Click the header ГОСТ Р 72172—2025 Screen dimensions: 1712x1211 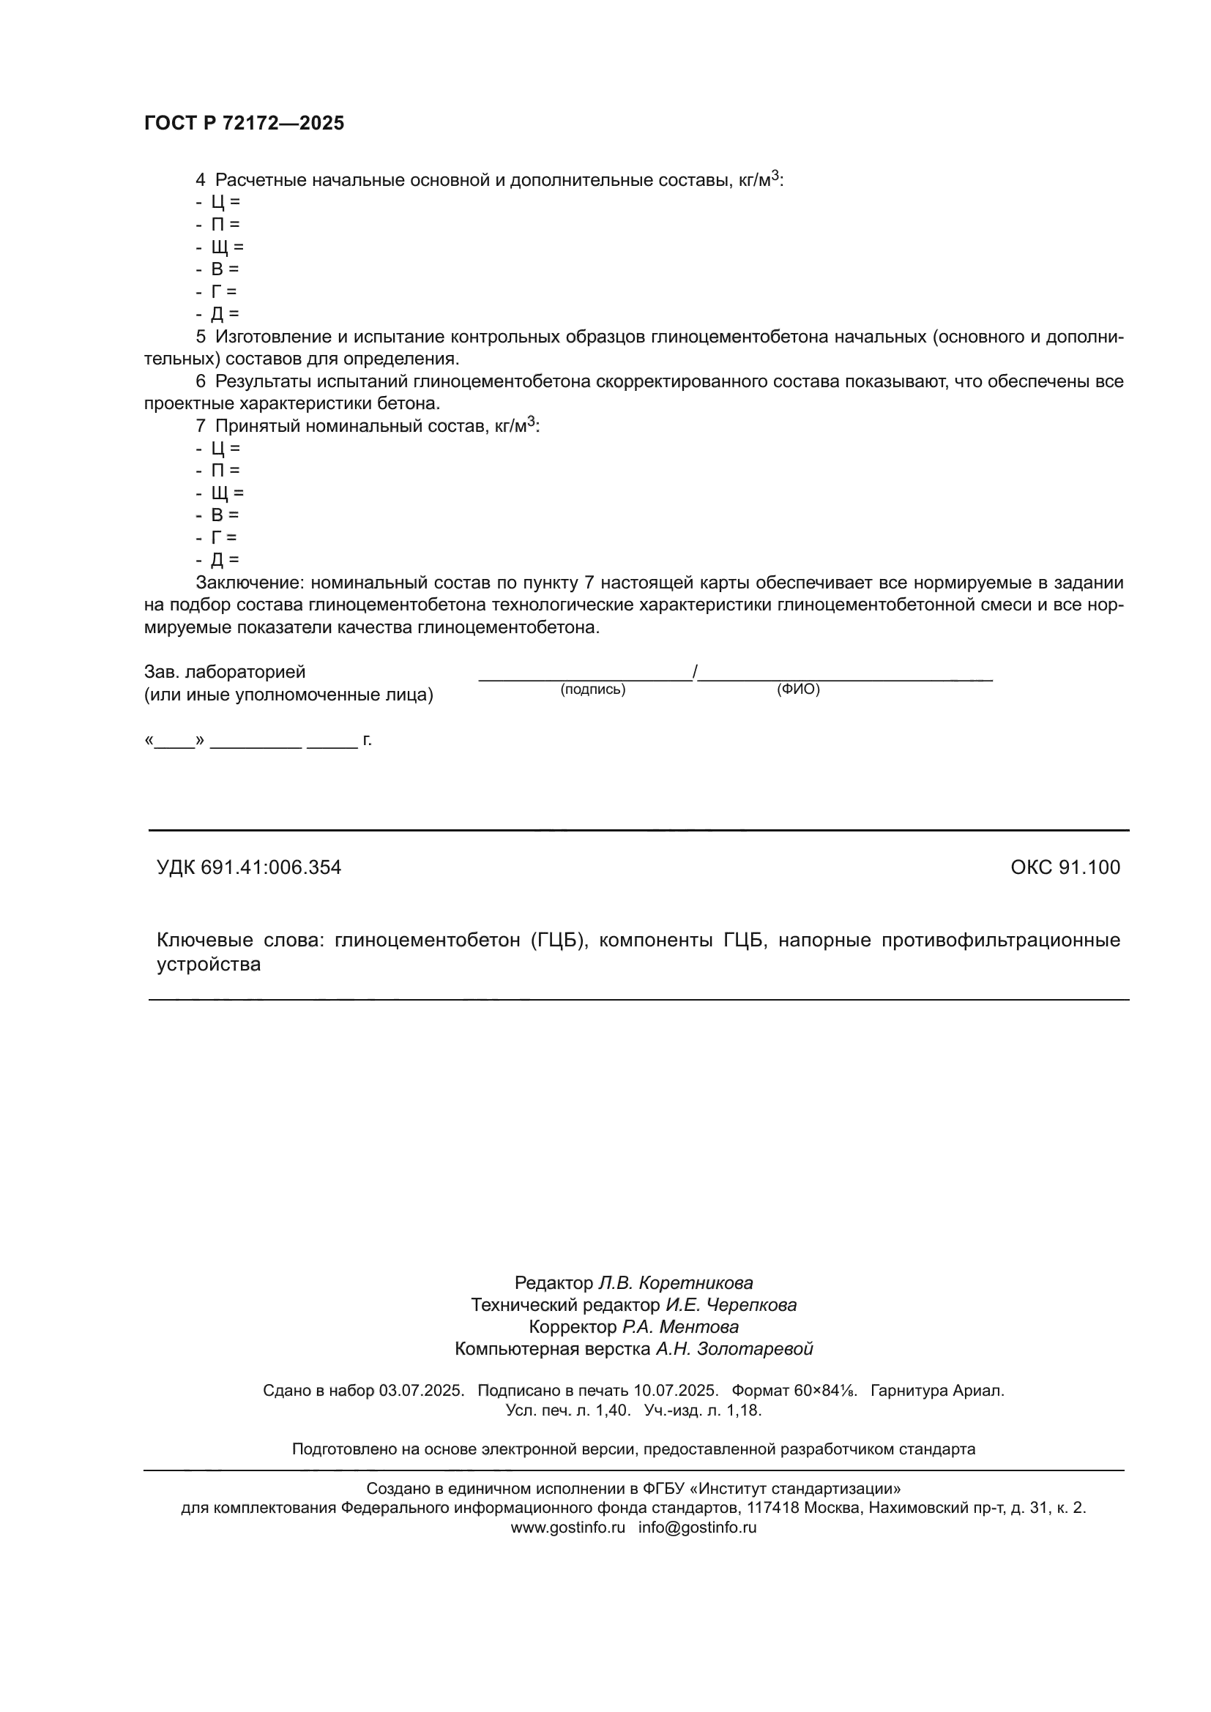(x=244, y=124)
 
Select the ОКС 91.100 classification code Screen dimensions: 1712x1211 (x=1065, y=867)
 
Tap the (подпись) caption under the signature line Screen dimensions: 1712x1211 (x=593, y=689)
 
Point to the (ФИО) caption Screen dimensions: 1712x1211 (x=798, y=689)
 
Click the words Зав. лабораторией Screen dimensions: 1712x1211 (x=225, y=672)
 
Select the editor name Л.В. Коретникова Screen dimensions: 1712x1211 (x=676, y=1282)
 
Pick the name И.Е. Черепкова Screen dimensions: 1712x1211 (x=731, y=1305)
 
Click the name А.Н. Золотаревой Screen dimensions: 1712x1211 (x=734, y=1349)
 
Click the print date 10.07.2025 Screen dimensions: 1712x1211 (x=676, y=1391)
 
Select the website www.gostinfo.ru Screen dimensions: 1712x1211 (x=567, y=1527)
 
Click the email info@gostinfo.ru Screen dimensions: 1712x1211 (x=697, y=1527)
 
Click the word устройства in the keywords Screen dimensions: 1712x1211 (x=209, y=965)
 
